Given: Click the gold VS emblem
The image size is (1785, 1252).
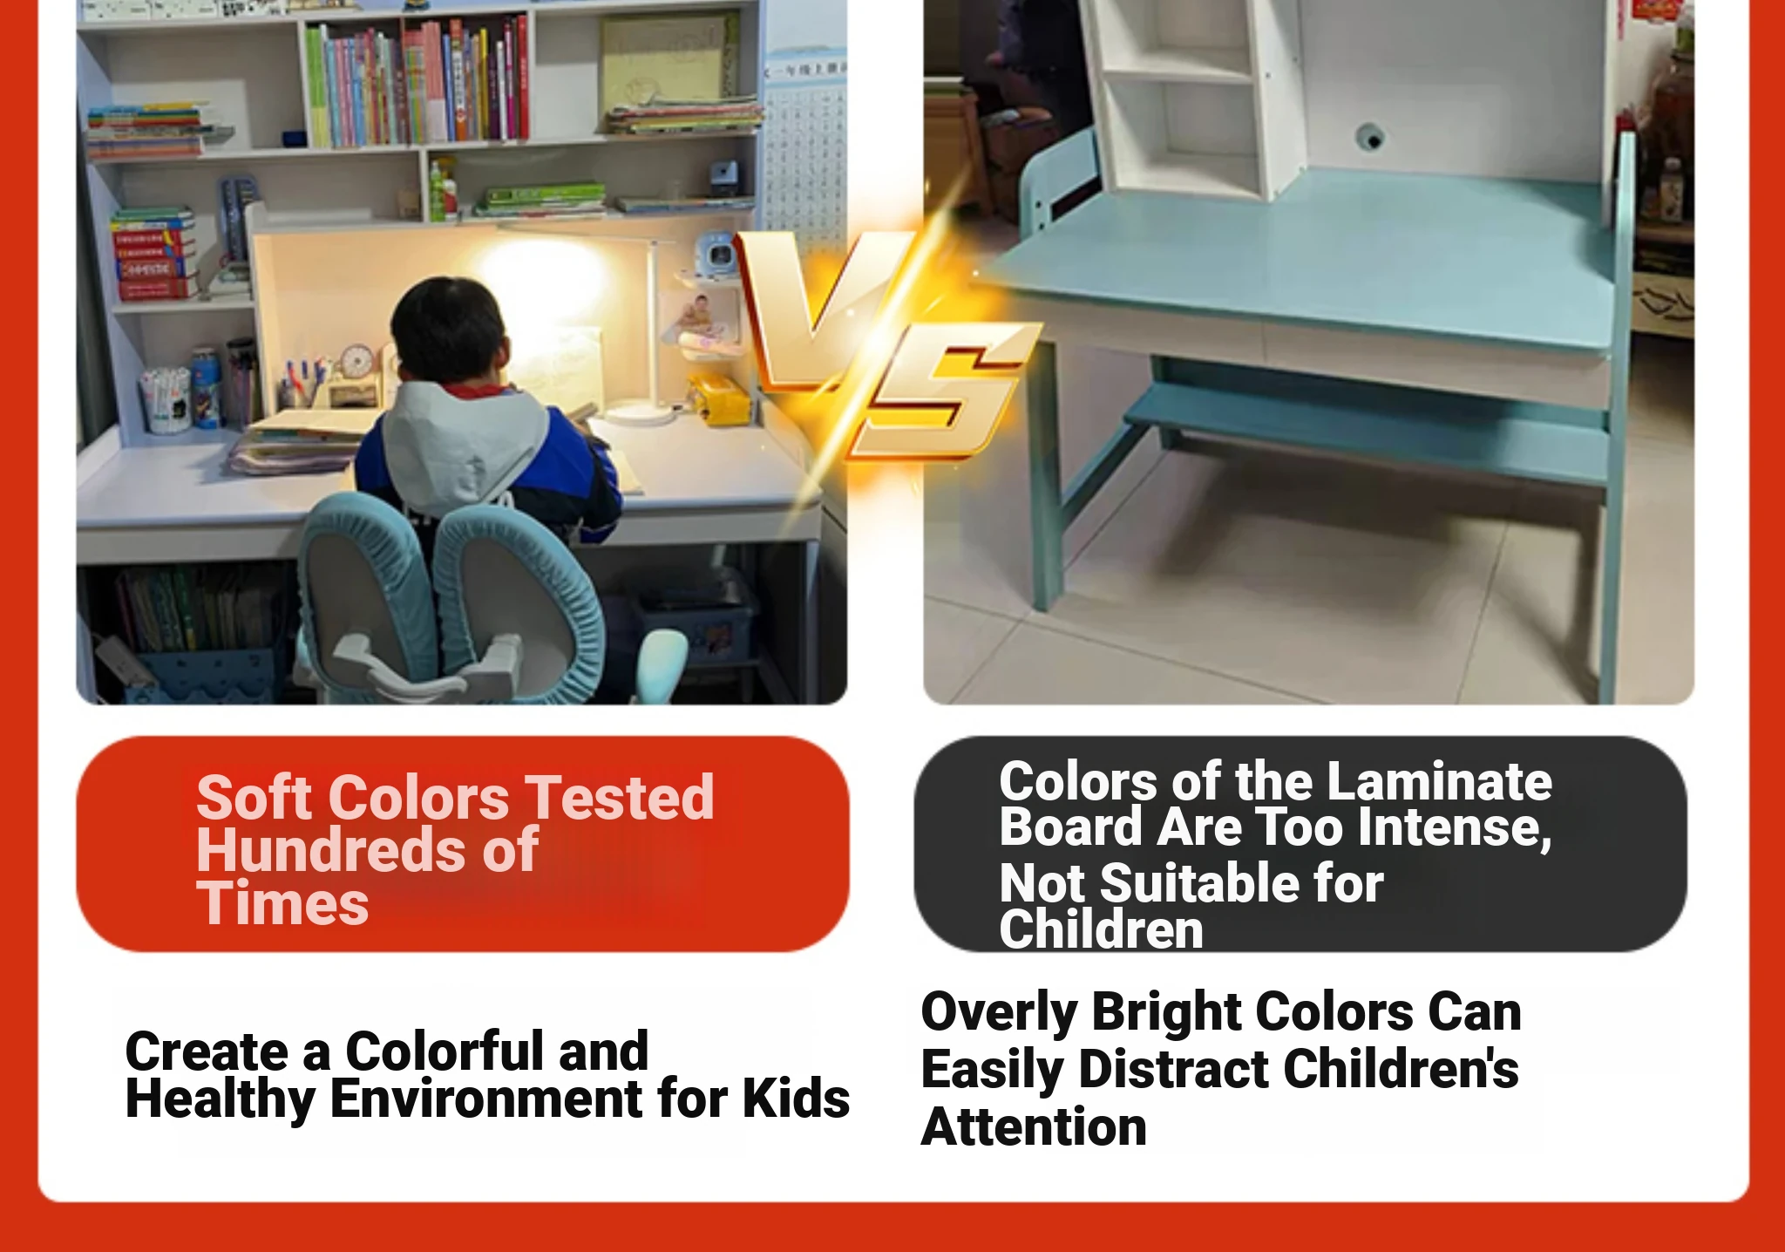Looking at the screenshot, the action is pos(885,344).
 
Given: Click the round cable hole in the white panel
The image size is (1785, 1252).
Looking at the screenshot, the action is pos(1370,138).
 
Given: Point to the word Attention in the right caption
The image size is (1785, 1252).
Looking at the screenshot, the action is pos(1034,1127).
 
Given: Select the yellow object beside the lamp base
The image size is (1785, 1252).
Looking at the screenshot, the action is pos(720,400).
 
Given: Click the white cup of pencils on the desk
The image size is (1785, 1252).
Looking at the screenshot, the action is pos(166,400).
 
